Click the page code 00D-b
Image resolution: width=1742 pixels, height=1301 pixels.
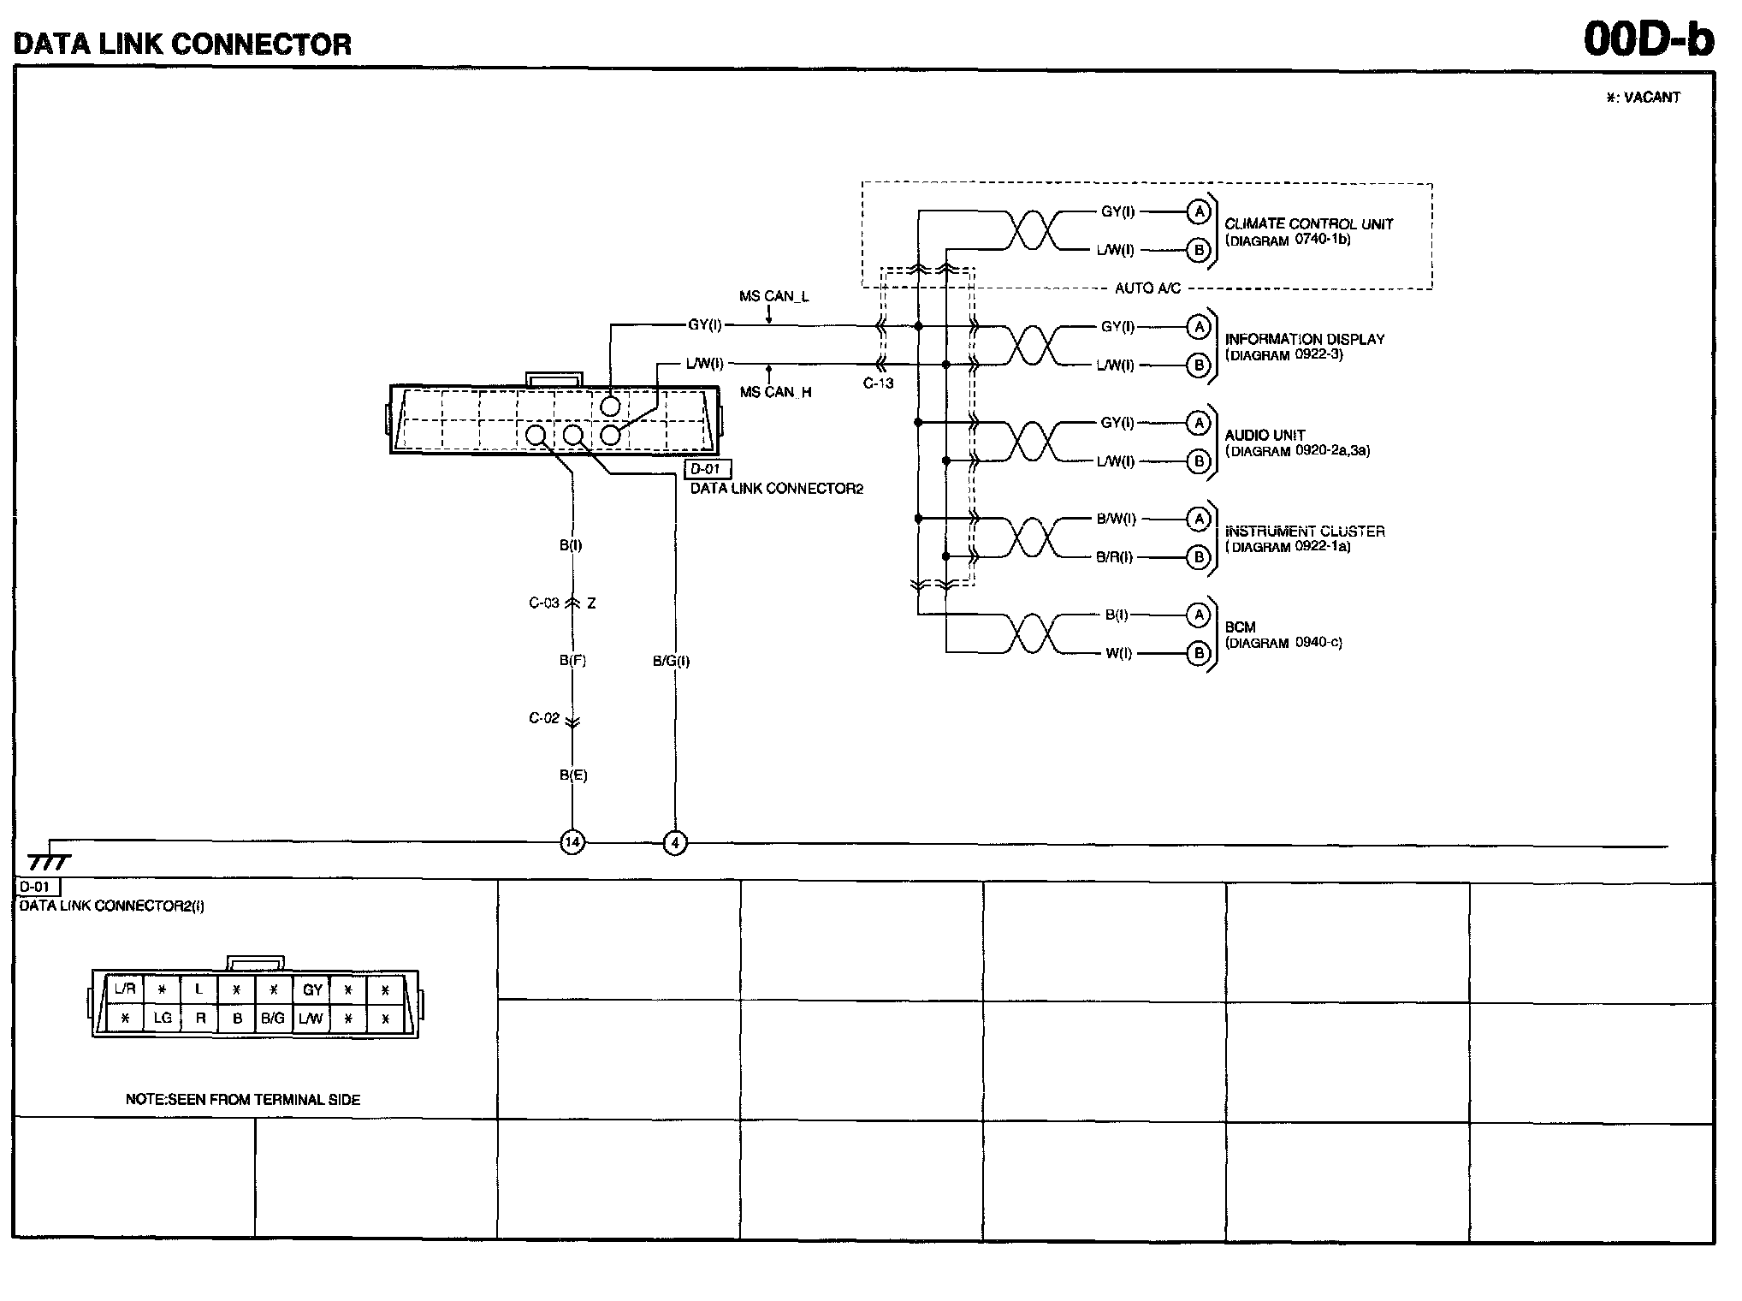[1648, 39]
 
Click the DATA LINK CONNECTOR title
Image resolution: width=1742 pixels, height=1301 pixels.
[182, 44]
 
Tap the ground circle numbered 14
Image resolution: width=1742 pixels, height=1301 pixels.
[572, 843]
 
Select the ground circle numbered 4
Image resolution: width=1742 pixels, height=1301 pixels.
[675, 843]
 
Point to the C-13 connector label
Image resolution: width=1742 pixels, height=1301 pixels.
[878, 383]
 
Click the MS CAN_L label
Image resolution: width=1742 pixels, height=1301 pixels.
[773, 296]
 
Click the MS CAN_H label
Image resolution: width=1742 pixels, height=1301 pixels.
[775, 392]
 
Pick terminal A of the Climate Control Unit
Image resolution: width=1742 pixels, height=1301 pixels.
[1199, 211]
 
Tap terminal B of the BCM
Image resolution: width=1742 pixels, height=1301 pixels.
[1199, 654]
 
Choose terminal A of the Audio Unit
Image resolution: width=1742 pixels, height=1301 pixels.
[1199, 423]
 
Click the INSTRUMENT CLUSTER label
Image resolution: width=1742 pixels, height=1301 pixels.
[1304, 532]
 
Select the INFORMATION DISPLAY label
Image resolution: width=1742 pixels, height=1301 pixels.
[1304, 340]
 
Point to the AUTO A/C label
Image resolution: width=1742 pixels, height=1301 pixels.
[1147, 288]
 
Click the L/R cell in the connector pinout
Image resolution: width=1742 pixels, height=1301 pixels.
[125, 989]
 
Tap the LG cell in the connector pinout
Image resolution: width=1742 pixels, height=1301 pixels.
[163, 1019]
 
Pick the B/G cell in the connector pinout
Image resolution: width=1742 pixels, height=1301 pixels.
[273, 1019]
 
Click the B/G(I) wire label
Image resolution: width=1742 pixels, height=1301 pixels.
[671, 661]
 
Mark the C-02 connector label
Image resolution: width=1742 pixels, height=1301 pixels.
[544, 718]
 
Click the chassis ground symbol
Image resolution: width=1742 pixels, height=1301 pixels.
[48, 861]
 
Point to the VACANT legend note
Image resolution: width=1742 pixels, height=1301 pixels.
[1643, 98]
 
